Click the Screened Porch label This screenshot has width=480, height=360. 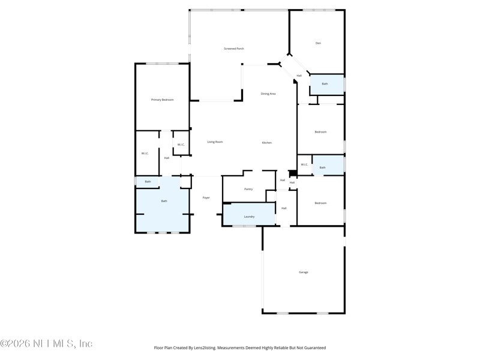[234, 49]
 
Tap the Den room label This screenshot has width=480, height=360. [318, 43]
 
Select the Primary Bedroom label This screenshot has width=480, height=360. [162, 100]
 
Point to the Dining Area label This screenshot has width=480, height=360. [268, 94]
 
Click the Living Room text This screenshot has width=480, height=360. [215, 142]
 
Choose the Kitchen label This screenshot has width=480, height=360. [266, 143]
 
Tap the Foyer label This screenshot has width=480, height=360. [206, 197]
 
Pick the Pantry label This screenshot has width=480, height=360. [248, 189]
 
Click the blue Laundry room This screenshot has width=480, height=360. [249, 217]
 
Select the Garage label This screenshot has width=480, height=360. [304, 272]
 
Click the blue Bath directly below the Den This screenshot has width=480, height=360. [325, 84]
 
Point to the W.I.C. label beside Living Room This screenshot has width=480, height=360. [181, 145]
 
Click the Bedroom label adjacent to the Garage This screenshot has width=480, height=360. [321, 203]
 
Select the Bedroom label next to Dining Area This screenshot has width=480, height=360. [321, 132]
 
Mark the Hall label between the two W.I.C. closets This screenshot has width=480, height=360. [166, 158]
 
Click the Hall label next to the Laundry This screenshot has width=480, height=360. [284, 208]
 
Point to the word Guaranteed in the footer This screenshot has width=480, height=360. [313, 347]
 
